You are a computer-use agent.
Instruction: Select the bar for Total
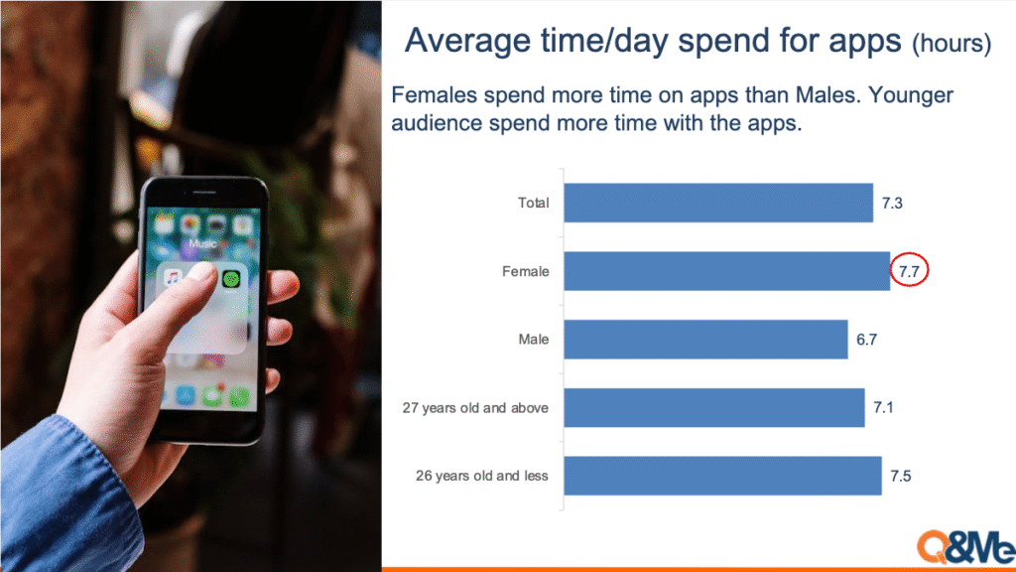pos(718,203)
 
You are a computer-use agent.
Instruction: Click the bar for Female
pos(726,271)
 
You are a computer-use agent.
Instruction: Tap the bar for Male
pos(705,340)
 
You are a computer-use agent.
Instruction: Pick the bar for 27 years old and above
pos(714,407)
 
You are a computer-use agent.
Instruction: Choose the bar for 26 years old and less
pos(722,476)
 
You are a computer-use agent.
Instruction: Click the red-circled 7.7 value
pos(909,272)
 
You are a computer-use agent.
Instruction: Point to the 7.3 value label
pos(892,204)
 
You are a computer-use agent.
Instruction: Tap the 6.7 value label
pos(867,340)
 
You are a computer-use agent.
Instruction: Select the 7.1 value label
pos(884,407)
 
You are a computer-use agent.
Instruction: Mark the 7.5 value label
pos(901,476)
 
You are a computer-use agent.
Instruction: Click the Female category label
pos(526,272)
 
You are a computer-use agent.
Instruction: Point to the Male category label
pos(533,340)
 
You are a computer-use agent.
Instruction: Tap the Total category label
pos(533,203)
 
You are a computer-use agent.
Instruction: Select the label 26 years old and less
pos(482,476)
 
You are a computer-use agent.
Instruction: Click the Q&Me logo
pos(965,547)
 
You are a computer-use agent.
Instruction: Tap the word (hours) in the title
pos(952,44)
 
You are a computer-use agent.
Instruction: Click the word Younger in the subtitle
pos(911,95)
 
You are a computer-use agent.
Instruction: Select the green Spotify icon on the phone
pos(231,279)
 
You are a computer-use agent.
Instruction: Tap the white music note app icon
pos(173,279)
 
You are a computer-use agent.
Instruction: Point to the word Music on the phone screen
pos(202,244)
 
